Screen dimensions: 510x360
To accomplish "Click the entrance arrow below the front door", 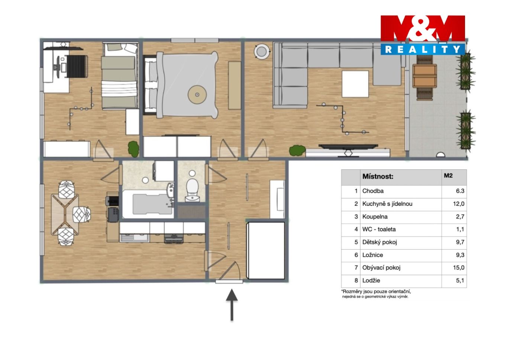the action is pos(232,305).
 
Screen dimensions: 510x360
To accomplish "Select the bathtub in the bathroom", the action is pos(148,204).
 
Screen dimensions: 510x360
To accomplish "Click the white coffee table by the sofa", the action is pos(355,84).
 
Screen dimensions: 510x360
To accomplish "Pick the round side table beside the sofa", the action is pos(262,51).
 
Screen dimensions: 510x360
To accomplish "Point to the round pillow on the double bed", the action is pos(197,95).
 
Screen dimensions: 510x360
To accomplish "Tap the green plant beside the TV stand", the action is pos(297,150).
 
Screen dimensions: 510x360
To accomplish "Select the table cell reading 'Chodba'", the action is pos(373,191).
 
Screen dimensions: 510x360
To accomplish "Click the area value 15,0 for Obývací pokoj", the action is pos(459,267).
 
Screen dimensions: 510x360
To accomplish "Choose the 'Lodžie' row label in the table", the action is pos(371,280).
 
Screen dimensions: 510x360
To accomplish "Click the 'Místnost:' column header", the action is pos(378,176).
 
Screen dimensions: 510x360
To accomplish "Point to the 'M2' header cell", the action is pos(448,175).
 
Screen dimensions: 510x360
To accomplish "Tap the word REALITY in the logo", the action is pos(423,49).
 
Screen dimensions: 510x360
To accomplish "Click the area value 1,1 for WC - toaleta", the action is pos(460,229).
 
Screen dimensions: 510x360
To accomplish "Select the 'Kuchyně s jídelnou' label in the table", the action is pos(387,204).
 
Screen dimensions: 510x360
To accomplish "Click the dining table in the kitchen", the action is pos(65,214).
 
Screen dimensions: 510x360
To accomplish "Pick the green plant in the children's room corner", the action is pos(133,149).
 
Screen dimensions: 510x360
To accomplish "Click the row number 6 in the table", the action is pos(356,255).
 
